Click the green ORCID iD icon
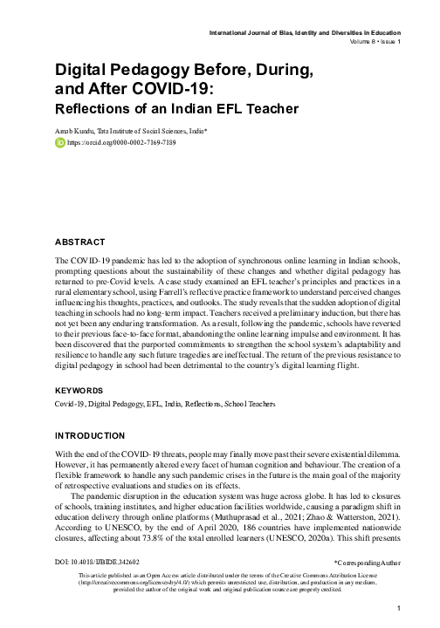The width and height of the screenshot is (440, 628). click(x=60, y=142)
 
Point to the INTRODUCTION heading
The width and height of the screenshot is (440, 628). click(x=93, y=433)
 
